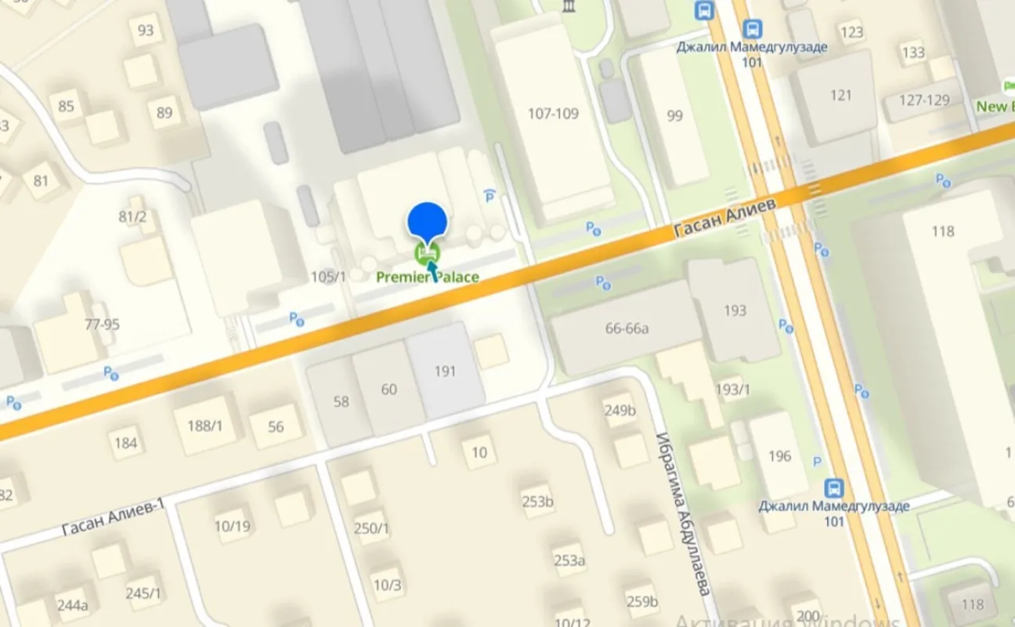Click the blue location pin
pos(427,220)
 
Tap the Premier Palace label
pos(427,277)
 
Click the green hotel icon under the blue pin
pos(427,253)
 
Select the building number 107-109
pos(553,114)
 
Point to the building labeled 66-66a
pos(627,328)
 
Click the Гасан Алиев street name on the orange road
pos(724,219)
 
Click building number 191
pos(445,371)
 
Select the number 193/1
pos(732,390)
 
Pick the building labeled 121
pos(840,95)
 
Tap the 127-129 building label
pos(924,100)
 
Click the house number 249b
pos(619,410)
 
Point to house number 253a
pos(569,560)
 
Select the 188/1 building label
pos(204,426)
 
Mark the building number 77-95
pos(102,324)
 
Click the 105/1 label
pos(328,276)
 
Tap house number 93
pos(146,31)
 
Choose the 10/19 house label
pos(233,526)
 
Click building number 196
pos(779,455)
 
